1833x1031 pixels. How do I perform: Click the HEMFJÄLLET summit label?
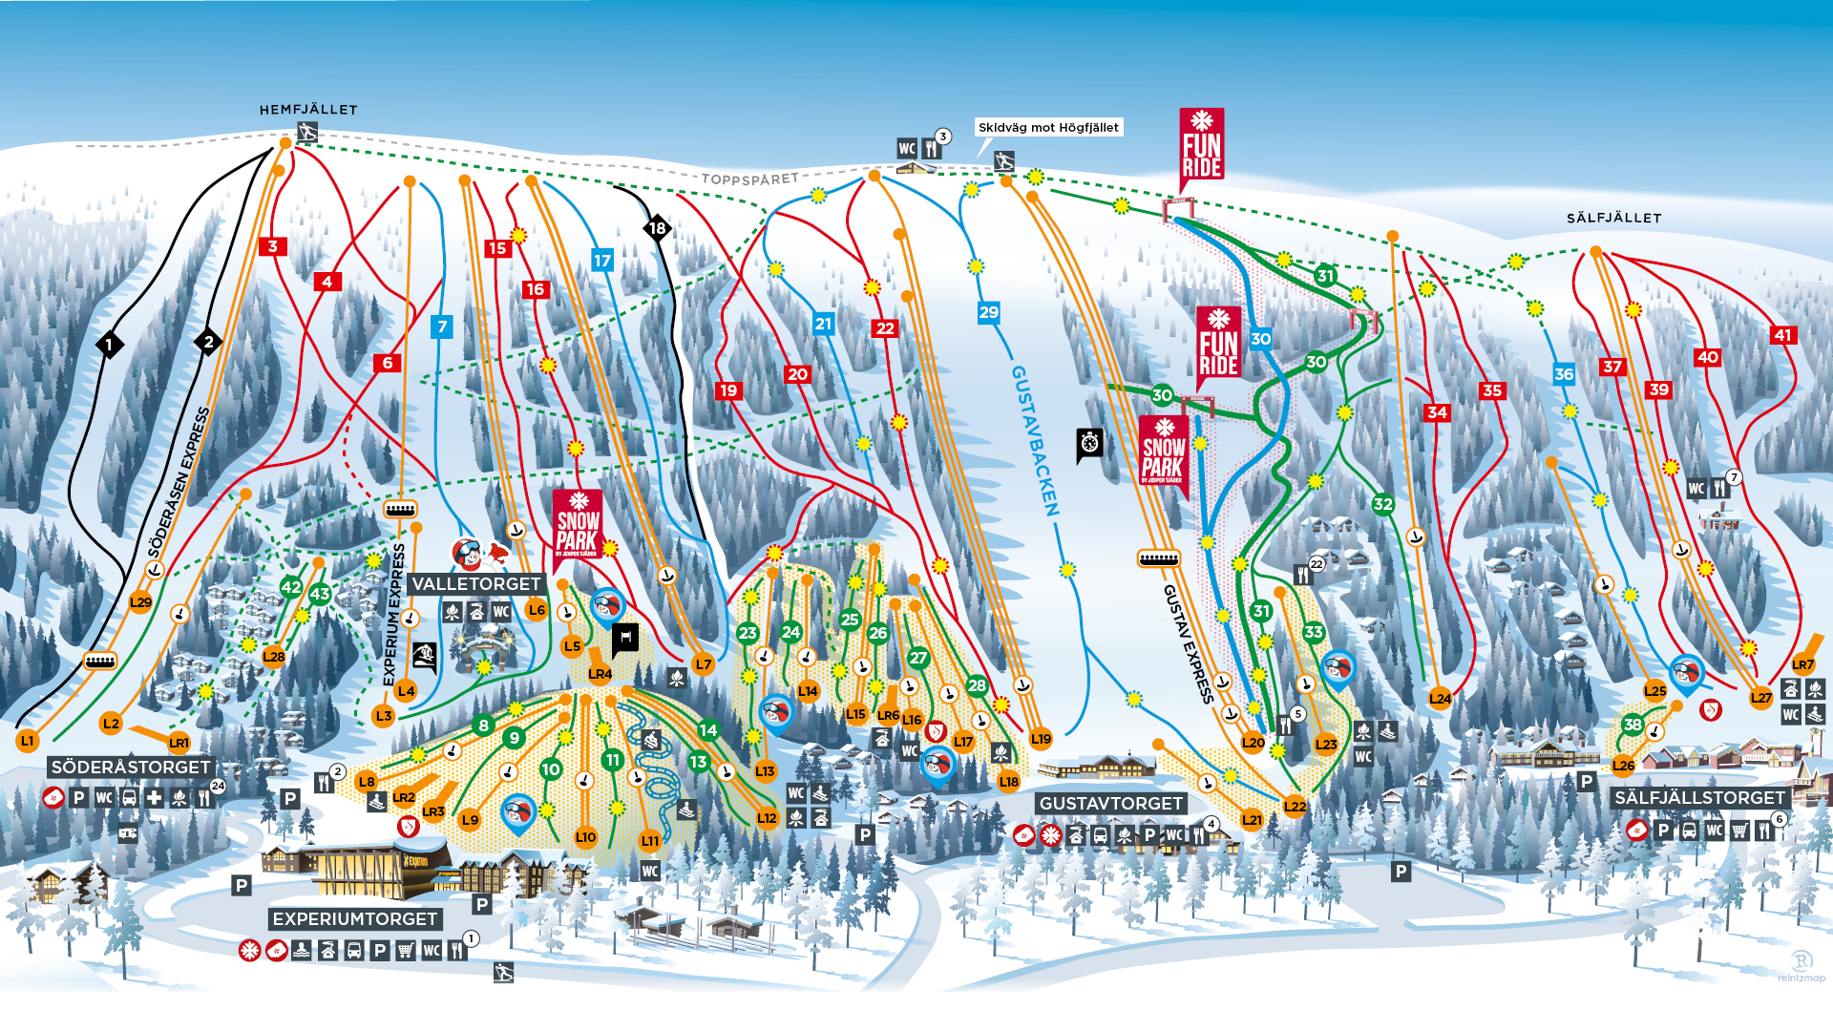coord(308,110)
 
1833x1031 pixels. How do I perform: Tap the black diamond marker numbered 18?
coord(657,228)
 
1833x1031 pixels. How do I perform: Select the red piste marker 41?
coord(1782,335)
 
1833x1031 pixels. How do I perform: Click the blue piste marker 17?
coord(601,261)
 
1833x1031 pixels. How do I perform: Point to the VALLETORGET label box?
coord(476,584)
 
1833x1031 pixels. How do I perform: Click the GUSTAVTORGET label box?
coord(1110,804)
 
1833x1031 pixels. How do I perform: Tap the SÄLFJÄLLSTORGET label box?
coord(1699,798)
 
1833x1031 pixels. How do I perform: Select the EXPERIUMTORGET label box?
coord(355,919)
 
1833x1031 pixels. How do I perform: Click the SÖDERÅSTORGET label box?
coord(131,768)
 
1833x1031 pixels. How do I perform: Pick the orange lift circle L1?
coord(27,741)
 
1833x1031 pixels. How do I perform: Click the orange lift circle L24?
coord(1440,699)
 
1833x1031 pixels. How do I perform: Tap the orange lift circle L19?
coord(1041,739)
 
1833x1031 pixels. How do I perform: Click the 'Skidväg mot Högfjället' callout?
coord(1048,128)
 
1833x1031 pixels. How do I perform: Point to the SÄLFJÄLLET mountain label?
coord(1613,219)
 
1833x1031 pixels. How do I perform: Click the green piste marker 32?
coord(1382,504)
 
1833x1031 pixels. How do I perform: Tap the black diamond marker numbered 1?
coord(109,345)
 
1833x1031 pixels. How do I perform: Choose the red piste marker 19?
coord(728,390)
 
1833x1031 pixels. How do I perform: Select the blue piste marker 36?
coord(1563,374)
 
